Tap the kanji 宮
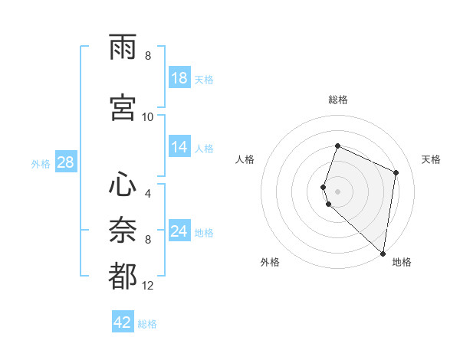123,108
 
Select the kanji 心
123,185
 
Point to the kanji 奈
123,231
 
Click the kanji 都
123,277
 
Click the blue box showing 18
179,78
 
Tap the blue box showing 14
179,148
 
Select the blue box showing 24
179,231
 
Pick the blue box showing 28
65,162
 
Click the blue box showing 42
123,322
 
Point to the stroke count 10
148,117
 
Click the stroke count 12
148,286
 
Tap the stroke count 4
148,194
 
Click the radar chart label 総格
338,100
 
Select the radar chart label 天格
431,159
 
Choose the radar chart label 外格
270,262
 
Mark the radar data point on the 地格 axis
383,254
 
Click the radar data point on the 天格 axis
396,172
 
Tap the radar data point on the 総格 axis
337,146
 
